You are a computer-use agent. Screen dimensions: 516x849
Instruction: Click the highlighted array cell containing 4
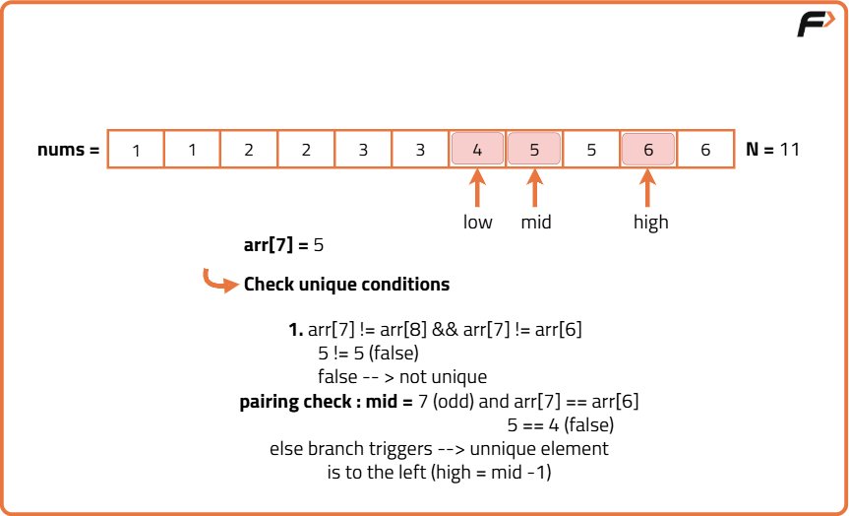(x=477, y=150)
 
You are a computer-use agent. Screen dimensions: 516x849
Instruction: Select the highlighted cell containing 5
(x=534, y=150)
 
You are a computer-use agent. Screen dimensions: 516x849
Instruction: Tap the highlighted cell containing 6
(x=648, y=150)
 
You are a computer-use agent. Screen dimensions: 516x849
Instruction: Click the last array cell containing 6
(x=705, y=150)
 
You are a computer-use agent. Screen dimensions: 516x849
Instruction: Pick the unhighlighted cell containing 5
(x=591, y=150)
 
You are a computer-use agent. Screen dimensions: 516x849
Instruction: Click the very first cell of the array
(x=136, y=150)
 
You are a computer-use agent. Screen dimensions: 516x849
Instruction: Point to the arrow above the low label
(x=477, y=188)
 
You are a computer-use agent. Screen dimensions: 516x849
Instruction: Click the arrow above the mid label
(x=534, y=188)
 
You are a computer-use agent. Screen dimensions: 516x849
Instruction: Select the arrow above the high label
(x=648, y=188)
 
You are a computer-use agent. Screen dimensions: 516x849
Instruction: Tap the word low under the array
(x=478, y=223)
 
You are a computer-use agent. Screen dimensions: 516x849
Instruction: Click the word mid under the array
(x=536, y=223)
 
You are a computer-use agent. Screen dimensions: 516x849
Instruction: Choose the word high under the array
(x=650, y=223)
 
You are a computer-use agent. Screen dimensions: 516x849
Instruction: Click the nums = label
(x=69, y=151)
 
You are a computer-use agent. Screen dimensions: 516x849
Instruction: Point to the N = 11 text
(x=774, y=150)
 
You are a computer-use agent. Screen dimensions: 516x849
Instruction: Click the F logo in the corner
(x=815, y=25)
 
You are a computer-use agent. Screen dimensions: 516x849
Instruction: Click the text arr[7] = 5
(x=283, y=245)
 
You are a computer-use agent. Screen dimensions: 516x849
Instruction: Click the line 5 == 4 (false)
(x=561, y=425)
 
